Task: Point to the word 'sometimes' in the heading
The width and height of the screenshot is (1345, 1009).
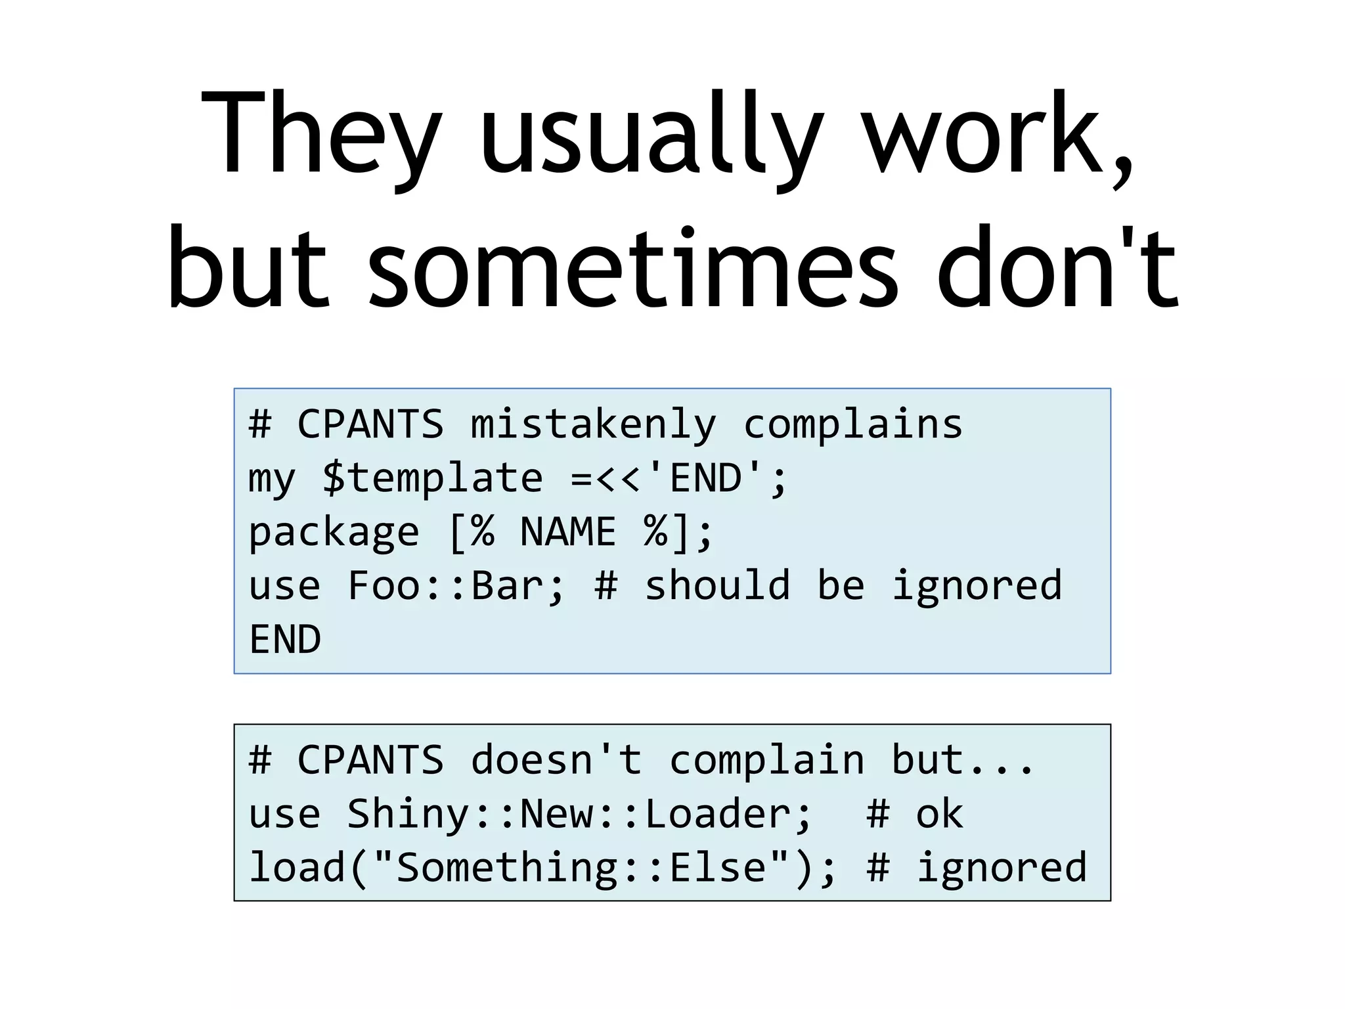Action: click(632, 269)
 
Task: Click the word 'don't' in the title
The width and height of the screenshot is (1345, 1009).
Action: click(1057, 269)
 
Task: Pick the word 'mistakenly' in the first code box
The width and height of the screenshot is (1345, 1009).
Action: click(593, 424)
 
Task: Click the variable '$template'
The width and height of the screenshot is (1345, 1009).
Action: click(432, 478)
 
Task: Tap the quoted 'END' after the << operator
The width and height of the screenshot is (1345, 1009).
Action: click(706, 478)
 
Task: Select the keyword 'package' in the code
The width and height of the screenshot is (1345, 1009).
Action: click(334, 532)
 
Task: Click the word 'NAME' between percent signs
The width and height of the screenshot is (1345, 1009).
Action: click(568, 531)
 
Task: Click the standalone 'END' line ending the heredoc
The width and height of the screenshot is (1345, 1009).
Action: click(285, 639)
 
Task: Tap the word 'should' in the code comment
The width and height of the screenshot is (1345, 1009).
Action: click(717, 585)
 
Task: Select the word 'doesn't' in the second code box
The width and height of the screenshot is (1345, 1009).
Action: click(556, 760)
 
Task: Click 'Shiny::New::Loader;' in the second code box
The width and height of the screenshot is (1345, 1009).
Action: click(580, 814)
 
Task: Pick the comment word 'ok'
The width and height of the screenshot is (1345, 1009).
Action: click(939, 814)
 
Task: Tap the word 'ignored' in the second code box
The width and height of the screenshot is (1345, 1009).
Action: click(1002, 868)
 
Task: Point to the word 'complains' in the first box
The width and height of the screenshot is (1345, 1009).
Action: click(853, 424)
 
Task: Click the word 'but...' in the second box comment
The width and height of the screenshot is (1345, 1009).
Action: click(963, 760)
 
